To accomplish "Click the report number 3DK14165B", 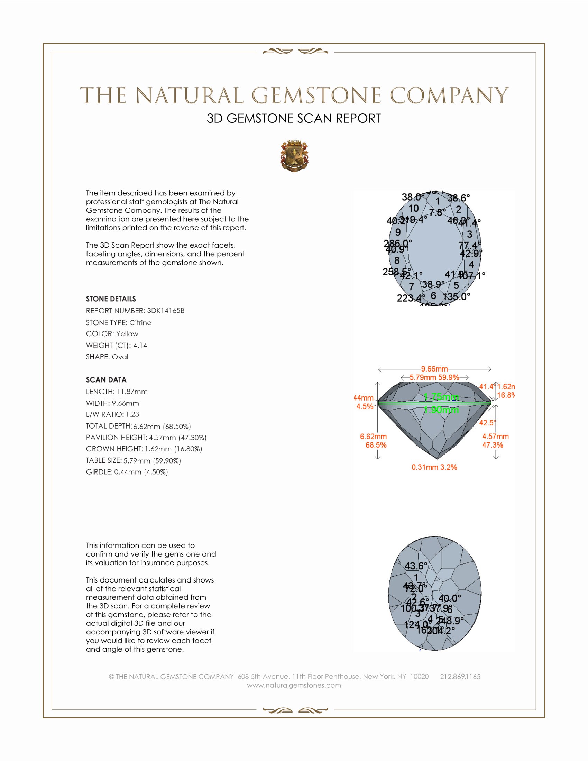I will pyautogui.click(x=165, y=311).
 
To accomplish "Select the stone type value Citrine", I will pyautogui.click(x=140, y=323).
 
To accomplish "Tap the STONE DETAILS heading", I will pyautogui.click(x=111, y=299).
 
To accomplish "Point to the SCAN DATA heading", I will pyautogui.click(x=106, y=380).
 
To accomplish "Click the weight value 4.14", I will pyautogui.click(x=140, y=345).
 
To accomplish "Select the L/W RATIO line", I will pyautogui.click(x=112, y=414).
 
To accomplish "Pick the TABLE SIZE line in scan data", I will pyautogui.click(x=133, y=461).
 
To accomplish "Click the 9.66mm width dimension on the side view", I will pyautogui.click(x=434, y=369).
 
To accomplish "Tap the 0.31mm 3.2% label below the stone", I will pyautogui.click(x=434, y=467).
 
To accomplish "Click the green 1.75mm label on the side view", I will pyautogui.click(x=441, y=396).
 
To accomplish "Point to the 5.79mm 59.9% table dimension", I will pyautogui.click(x=434, y=377).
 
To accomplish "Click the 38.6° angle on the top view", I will pyautogui.click(x=458, y=198).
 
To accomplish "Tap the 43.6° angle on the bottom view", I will pyautogui.click(x=415, y=566).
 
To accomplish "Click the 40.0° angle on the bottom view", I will pyautogui.click(x=449, y=598).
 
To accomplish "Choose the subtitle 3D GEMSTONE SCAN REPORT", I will pyautogui.click(x=294, y=118).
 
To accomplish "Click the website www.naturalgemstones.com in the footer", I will pyautogui.click(x=294, y=685).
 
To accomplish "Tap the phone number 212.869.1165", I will pyautogui.click(x=460, y=676).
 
